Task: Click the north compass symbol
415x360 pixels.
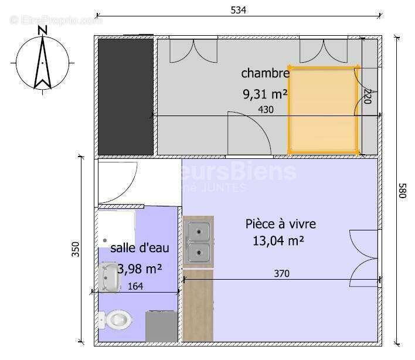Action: (x=42, y=59)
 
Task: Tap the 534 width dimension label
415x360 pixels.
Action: (x=238, y=9)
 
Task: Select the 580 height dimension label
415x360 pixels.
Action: (x=402, y=191)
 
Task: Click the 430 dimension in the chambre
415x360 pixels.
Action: (x=266, y=109)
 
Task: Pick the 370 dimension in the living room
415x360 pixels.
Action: (x=281, y=273)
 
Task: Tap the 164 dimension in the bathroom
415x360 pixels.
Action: (x=135, y=286)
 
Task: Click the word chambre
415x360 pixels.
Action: (x=265, y=73)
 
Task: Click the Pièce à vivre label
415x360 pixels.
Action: (x=280, y=223)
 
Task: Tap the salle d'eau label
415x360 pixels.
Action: (x=140, y=248)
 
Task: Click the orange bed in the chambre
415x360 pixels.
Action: (x=323, y=110)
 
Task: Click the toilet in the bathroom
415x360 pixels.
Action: (x=115, y=320)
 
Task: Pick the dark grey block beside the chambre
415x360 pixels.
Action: (x=125, y=96)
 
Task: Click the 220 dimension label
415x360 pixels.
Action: (x=368, y=96)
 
